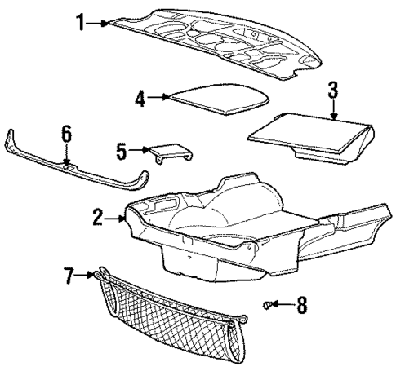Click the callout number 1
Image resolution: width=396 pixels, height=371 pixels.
(81, 23)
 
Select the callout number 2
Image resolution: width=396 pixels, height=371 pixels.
(98, 217)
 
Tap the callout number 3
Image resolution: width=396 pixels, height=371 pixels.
(333, 90)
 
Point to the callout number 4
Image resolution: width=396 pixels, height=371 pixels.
(140, 98)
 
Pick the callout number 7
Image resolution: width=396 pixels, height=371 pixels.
(69, 276)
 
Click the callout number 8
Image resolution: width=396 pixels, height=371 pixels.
(301, 306)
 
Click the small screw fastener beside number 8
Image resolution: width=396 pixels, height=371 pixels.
(269, 305)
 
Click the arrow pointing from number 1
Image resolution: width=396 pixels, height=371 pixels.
(98, 23)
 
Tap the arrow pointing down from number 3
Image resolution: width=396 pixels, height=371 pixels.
(333, 110)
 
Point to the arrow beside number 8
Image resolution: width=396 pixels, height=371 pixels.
(285, 306)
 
